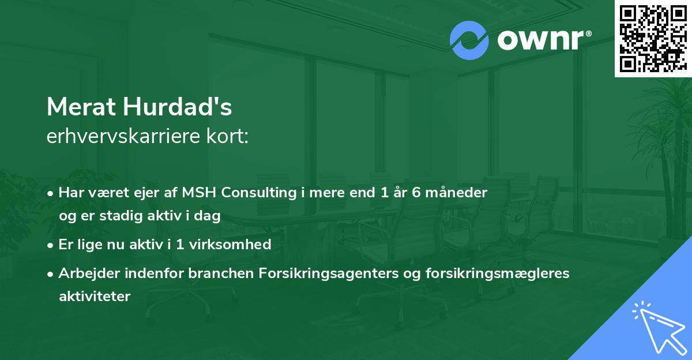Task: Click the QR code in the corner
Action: click(x=653, y=38)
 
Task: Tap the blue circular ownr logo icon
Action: click(x=469, y=40)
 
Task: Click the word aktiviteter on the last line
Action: click(x=95, y=296)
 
